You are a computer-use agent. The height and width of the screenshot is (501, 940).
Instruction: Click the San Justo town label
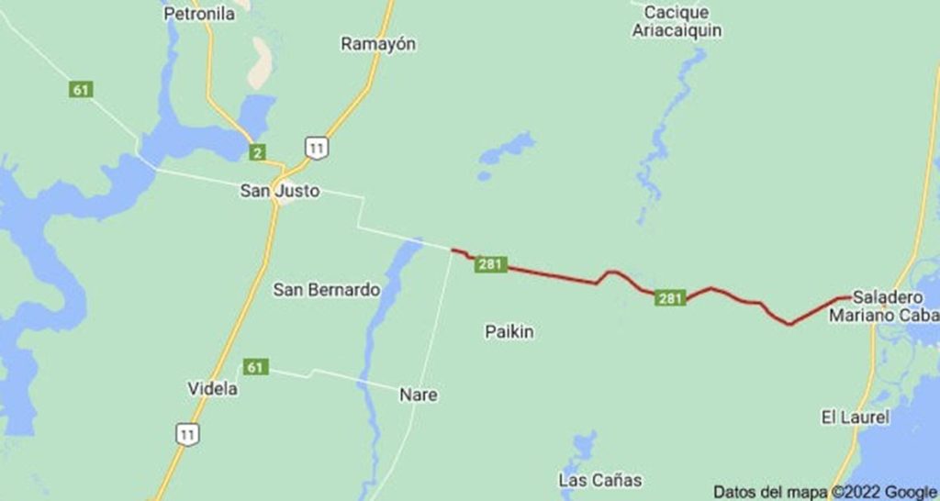tap(279, 192)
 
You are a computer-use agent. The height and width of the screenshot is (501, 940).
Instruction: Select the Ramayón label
tap(378, 43)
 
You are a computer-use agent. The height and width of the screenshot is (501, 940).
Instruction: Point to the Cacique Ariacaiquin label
tap(677, 22)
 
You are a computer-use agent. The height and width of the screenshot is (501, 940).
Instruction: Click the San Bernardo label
tap(327, 290)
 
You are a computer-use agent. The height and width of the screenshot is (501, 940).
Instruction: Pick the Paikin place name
tap(509, 332)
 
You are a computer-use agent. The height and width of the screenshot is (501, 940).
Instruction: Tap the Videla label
tap(213, 389)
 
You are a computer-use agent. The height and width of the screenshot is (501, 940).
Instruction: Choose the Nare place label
tap(419, 395)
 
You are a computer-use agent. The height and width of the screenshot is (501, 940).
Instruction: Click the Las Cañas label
tap(600, 480)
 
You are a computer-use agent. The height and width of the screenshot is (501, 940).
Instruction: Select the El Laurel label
tap(856, 417)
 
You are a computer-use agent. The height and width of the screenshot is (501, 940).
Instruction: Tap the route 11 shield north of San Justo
tap(317, 147)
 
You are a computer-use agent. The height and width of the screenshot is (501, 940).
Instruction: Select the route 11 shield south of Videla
tap(187, 436)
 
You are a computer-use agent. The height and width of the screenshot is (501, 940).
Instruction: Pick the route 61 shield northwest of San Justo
tap(82, 90)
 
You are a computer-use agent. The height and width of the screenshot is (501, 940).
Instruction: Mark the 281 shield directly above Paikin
tap(492, 264)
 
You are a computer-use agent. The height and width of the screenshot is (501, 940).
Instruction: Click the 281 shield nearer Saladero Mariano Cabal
tap(671, 297)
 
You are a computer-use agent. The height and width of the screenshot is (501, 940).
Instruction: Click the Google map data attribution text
tap(824, 491)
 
